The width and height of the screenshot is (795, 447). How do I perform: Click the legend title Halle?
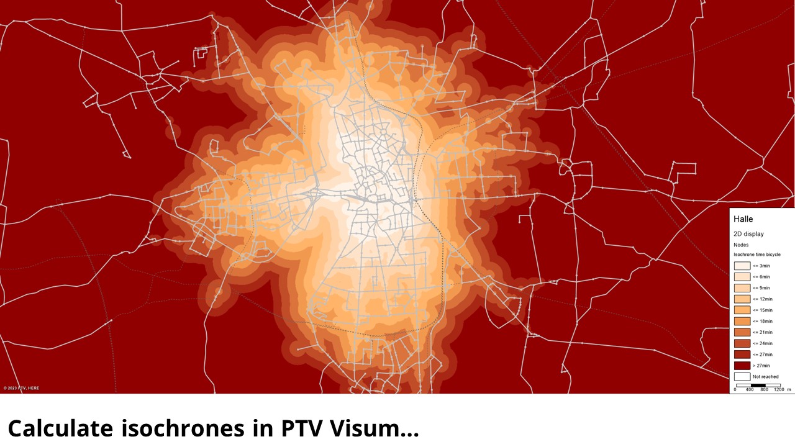[743, 219]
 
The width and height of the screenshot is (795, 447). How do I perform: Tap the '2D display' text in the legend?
[748, 234]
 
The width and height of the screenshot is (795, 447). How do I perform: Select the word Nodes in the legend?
[741, 245]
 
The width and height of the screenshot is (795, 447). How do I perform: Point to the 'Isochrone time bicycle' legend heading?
[757, 255]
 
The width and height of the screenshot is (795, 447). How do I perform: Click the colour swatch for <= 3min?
[742, 266]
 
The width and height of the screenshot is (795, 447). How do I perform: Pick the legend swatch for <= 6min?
[742, 277]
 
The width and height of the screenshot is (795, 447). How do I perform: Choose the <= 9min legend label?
[761, 288]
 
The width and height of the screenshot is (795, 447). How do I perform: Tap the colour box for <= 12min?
[742, 299]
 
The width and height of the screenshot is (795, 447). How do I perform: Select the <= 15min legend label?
[762, 310]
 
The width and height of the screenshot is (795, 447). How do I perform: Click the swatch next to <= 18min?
[742, 321]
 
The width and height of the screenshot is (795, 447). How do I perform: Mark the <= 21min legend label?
[762, 332]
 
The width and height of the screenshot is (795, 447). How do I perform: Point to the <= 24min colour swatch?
[742, 343]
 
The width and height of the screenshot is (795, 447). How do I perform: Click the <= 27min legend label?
[762, 354]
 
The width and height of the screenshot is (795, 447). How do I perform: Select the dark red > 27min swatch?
[742, 366]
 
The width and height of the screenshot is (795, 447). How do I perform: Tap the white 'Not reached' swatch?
[742, 376]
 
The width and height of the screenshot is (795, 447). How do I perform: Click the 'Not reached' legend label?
[765, 377]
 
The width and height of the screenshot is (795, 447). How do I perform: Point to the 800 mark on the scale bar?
[764, 389]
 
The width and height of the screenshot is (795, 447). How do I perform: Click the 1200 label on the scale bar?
[779, 389]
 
